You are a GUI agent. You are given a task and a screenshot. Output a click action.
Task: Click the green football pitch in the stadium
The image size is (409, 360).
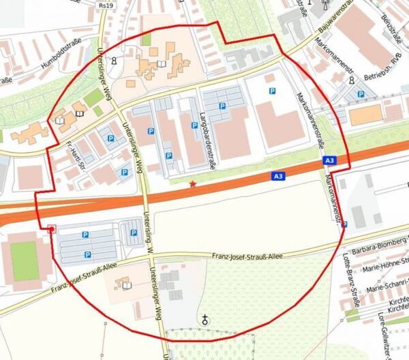24,260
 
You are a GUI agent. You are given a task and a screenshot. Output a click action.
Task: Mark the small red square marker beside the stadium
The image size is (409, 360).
51,229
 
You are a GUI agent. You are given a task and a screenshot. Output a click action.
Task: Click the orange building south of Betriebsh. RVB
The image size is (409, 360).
366,115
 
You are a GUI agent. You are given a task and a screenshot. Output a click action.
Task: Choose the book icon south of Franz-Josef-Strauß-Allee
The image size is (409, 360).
125,283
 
